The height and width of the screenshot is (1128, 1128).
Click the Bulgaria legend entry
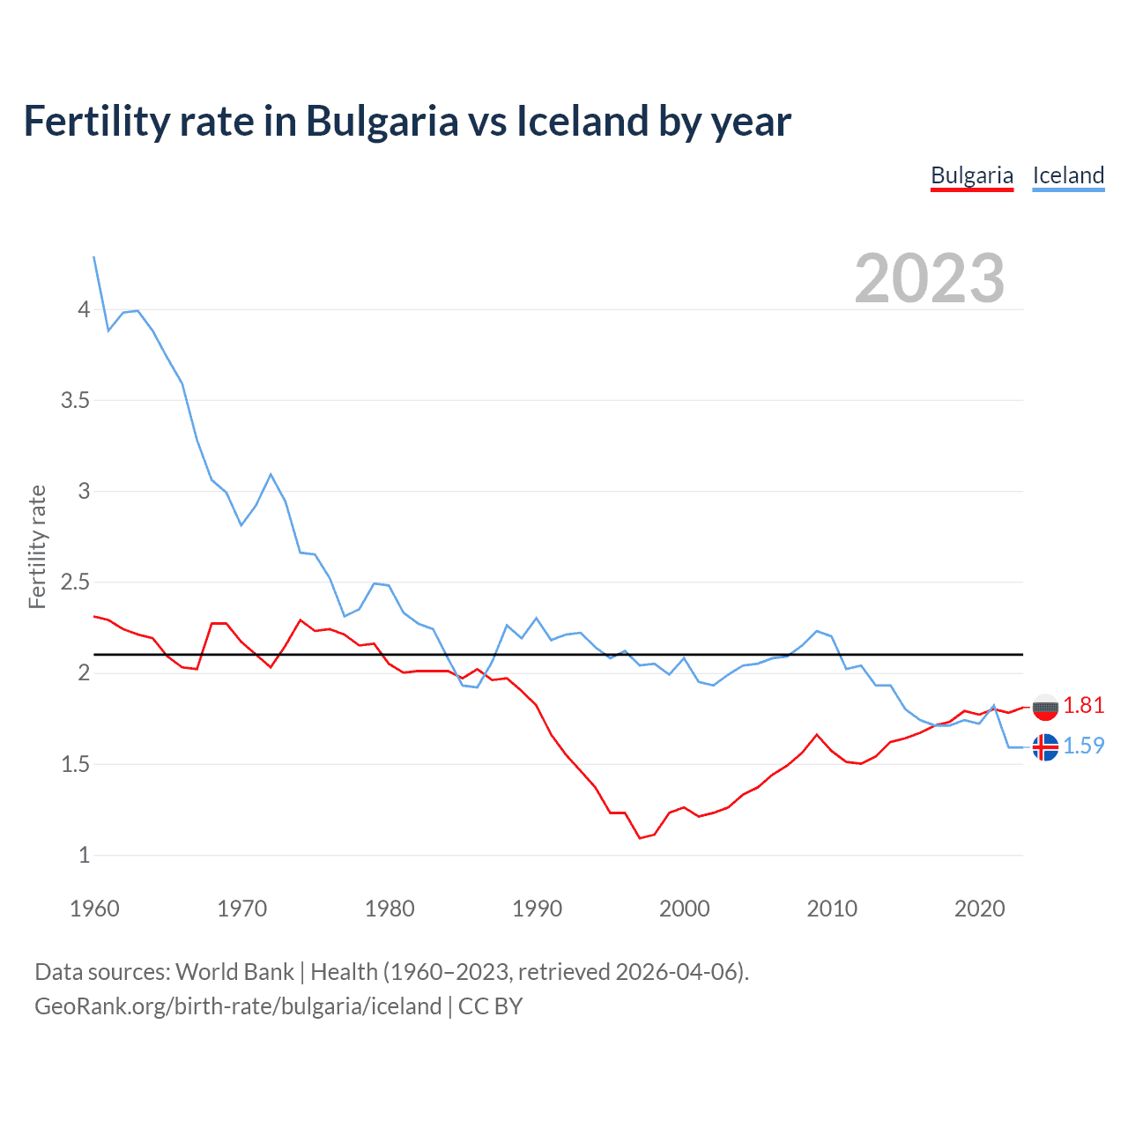(x=972, y=175)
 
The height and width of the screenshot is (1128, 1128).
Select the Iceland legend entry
(x=1068, y=175)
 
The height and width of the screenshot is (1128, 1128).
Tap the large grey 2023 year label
(x=930, y=278)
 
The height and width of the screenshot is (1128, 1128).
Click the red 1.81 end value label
(x=1084, y=705)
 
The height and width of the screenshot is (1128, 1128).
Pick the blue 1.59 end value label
(x=1084, y=746)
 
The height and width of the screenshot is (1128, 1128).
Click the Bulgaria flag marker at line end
(x=1045, y=707)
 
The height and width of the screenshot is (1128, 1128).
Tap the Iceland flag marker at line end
(x=1045, y=747)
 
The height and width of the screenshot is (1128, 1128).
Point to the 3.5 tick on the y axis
(x=75, y=401)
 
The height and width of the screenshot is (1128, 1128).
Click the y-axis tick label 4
(x=84, y=309)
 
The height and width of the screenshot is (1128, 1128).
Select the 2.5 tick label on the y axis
(x=75, y=583)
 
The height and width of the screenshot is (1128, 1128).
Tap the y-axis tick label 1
(x=84, y=855)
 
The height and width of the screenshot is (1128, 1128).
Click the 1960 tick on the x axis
(x=94, y=909)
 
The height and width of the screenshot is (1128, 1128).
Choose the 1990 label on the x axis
(x=537, y=909)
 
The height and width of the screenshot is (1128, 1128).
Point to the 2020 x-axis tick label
(x=979, y=909)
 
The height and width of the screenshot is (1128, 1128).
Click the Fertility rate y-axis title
(x=37, y=546)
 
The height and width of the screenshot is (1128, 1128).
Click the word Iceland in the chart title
(x=582, y=122)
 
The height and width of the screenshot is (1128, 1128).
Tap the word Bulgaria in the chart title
(x=382, y=122)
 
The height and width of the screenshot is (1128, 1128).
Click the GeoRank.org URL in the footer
(x=238, y=1006)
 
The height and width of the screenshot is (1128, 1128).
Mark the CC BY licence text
(x=491, y=1006)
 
